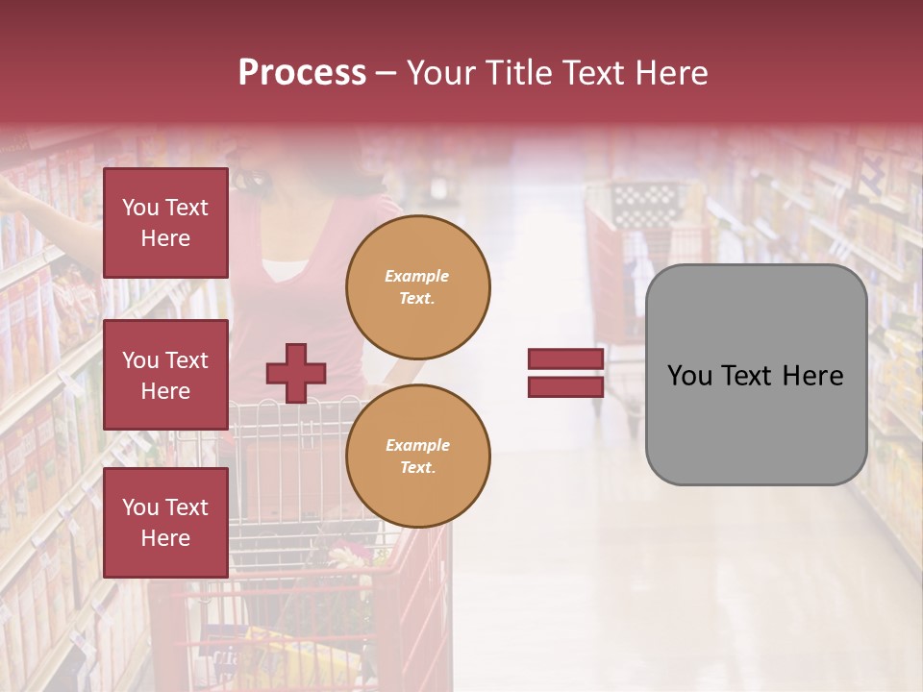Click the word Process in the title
click(302, 73)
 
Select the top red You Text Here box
click(165, 223)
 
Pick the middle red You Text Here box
click(165, 375)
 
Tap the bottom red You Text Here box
click(165, 523)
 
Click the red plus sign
click(296, 373)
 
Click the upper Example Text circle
click(418, 287)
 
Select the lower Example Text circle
click(418, 457)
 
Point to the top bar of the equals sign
click(565, 358)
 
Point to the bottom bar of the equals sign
click(565, 386)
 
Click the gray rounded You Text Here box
click(756, 375)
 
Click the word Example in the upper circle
click(417, 276)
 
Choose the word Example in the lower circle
click(417, 445)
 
